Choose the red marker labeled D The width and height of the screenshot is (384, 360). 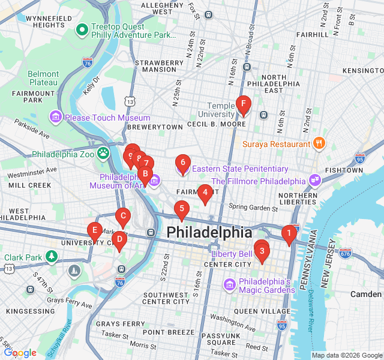click(x=119, y=241)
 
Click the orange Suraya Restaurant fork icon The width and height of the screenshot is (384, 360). click(x=319, y=143)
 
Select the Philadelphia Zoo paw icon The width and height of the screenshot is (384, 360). click(x=103, y=154)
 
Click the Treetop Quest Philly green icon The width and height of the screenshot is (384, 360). click(x=82, y=28)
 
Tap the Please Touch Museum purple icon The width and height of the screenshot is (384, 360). click(x=56, y=116)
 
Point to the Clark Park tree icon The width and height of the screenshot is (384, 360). click(x=52, y=257)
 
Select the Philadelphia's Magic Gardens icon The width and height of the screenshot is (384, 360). click(x=229, y=284)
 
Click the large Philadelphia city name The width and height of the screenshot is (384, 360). click(x=209, y=232)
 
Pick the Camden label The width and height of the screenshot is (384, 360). click(x=366, y=294)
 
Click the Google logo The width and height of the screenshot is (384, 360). click(x=20, y=353)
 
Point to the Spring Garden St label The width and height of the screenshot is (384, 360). click(x=253, y=208)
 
